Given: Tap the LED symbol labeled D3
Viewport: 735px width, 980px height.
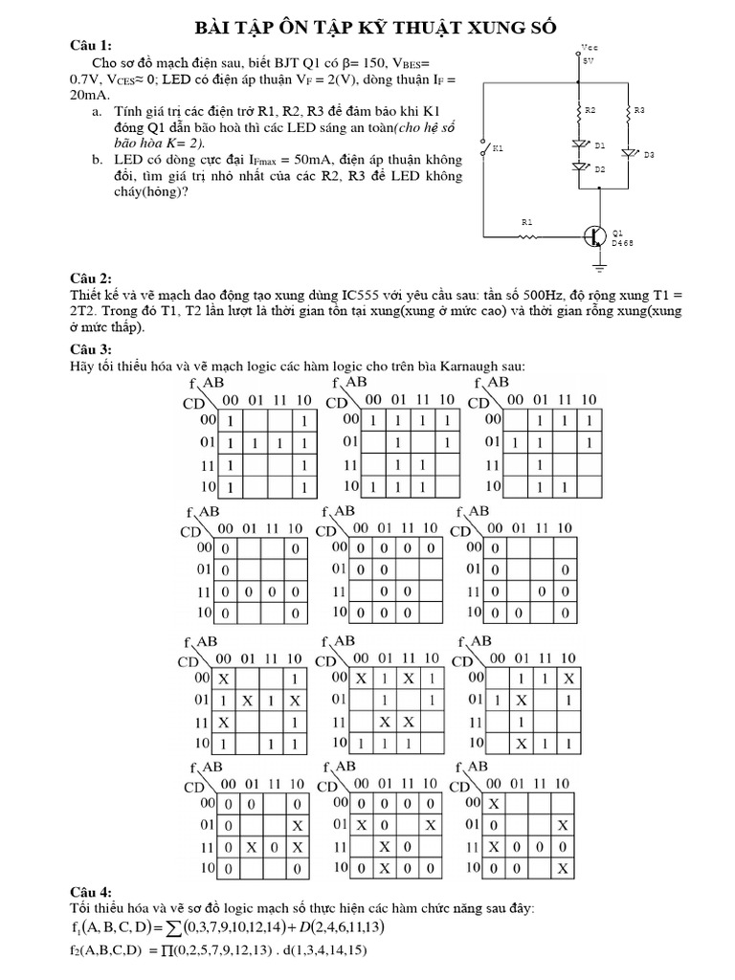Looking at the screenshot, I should [629, 151].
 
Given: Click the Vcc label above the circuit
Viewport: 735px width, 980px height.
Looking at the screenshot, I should [588, 45].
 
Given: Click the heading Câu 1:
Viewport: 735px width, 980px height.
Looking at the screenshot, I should [92, 45].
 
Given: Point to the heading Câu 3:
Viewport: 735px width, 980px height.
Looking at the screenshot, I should [92, 347].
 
